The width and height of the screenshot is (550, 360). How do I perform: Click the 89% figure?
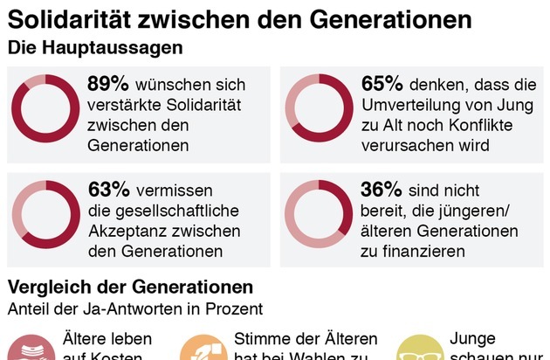[108, 85]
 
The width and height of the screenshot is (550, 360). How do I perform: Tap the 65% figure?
[382, 85]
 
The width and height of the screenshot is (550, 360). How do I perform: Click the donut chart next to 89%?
[45, 108]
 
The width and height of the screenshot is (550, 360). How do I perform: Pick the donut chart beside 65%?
[318, 108]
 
